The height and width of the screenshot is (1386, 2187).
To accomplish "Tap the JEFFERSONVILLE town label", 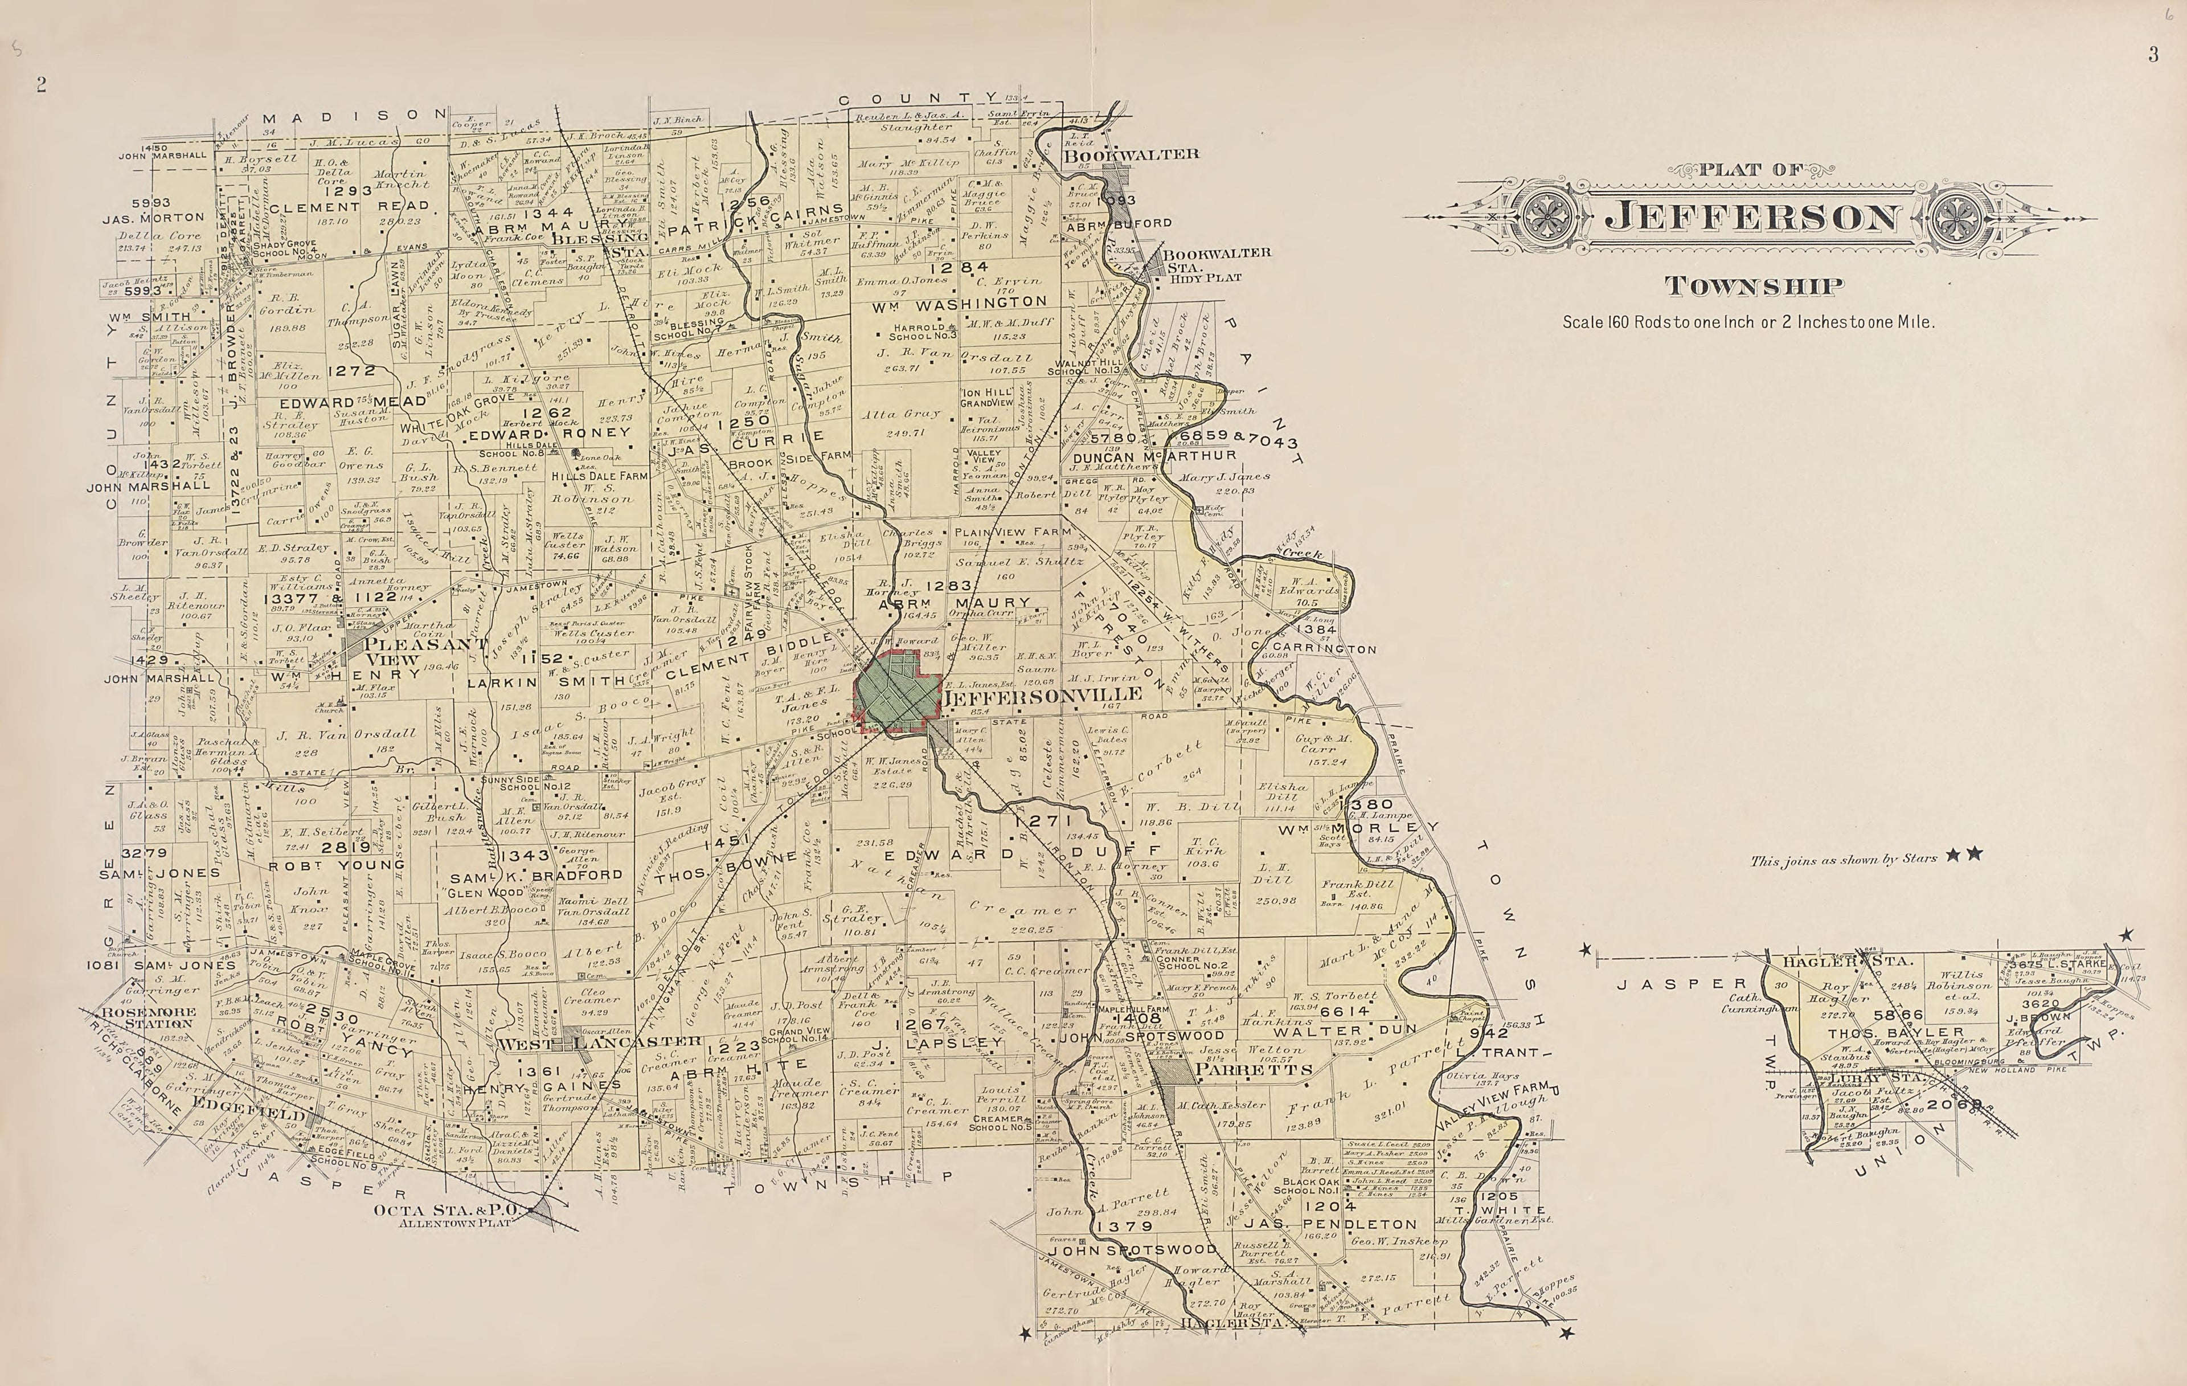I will [x=1042, y=696].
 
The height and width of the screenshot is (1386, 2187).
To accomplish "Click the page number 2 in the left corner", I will [x=41, y=84].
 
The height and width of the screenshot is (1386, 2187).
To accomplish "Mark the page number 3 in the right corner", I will [x=2152, y=55].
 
